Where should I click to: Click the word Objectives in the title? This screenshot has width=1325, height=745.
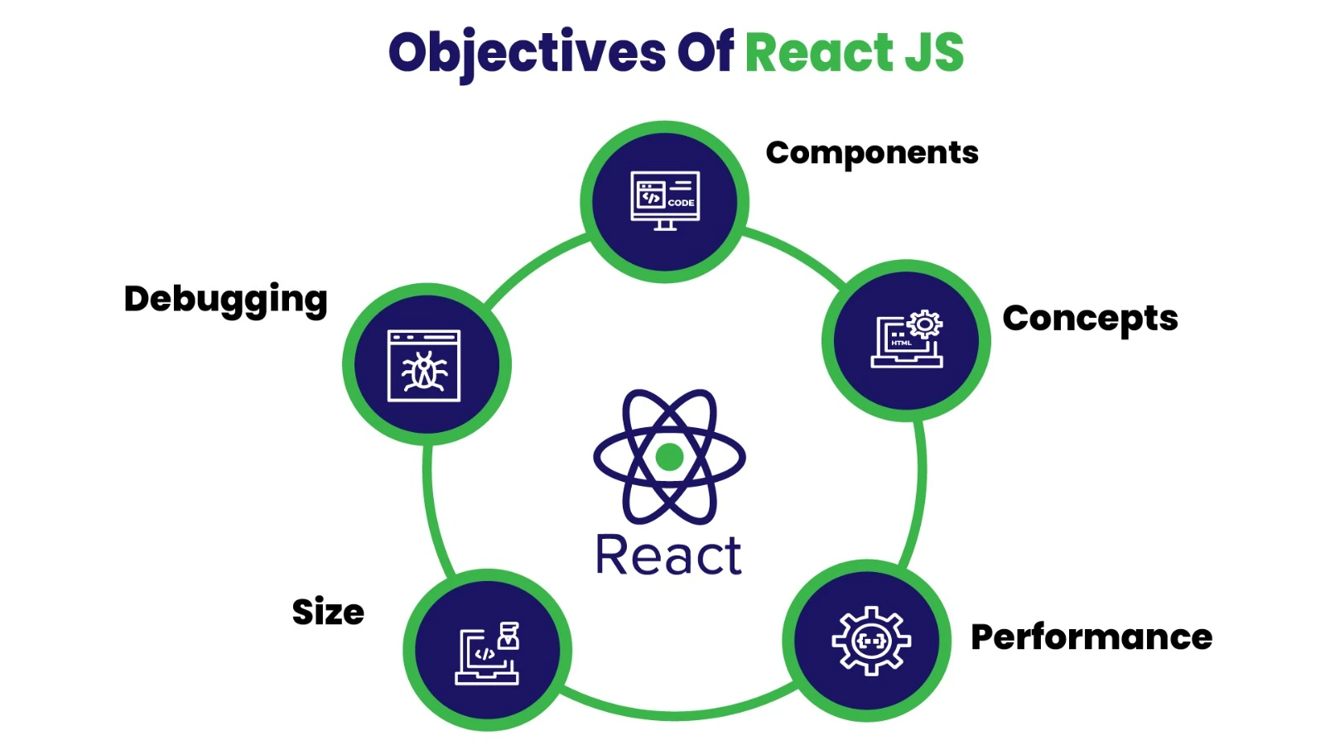coord(527,53)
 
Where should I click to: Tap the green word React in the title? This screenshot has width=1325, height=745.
coord(819,53)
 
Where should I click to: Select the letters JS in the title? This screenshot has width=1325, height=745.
coord(934,53)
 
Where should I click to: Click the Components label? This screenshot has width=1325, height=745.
coord(872,153)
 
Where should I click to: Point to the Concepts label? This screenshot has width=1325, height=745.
coord(1090,319)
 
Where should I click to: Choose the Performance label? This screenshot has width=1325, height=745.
coord(1091,637)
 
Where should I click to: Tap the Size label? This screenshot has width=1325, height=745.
coord(328,613)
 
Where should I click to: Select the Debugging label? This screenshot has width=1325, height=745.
coord(225,300)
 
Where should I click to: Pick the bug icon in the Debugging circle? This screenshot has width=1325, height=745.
coord(424,366)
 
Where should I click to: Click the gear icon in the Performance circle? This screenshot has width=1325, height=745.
coord(871,640)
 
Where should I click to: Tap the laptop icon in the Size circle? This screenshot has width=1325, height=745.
coord(484,656)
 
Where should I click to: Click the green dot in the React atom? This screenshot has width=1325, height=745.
coord(669,456)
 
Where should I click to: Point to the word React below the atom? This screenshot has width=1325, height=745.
coord(668,555)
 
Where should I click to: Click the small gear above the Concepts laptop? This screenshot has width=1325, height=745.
coord(925,324)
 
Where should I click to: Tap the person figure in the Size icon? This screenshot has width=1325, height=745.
coord(509,636)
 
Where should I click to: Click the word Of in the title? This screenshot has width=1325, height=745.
coord(705,53)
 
